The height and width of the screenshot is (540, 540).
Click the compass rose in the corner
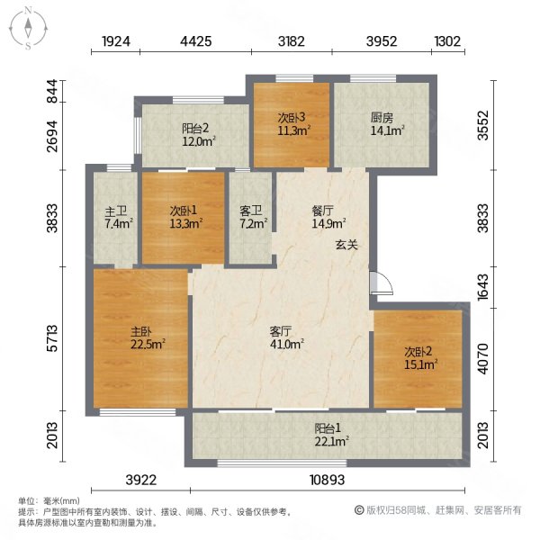click(28, 28)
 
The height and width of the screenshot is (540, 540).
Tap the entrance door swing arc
click(388, 280)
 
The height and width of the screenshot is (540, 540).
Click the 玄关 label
click(346, 245)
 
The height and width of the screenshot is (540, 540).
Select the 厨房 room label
click(382, 118)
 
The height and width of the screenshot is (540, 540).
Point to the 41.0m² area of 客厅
click(287, 344)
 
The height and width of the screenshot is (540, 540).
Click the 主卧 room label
click(141, 331)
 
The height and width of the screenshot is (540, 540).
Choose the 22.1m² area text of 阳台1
click(331, 441)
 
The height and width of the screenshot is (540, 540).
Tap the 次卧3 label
click(292, 118)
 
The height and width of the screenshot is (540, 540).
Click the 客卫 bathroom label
click(251, 211)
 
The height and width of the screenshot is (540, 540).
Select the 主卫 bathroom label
click(116, 211)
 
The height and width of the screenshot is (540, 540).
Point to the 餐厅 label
click(322, 211)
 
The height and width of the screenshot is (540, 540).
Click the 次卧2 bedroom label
click(418, 352)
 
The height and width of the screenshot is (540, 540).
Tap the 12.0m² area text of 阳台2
click(199, 141)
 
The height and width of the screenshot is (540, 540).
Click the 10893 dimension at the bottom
click(328, 480)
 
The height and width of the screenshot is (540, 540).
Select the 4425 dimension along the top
click(196, 41)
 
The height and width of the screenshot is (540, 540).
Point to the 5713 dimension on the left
click(52, 338)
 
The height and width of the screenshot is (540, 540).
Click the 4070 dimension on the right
click(482, 358)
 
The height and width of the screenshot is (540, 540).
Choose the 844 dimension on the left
click(52, 91)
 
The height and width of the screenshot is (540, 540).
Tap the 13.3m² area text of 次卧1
click(185, 224)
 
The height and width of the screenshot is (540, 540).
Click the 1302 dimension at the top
click(447, 41)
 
